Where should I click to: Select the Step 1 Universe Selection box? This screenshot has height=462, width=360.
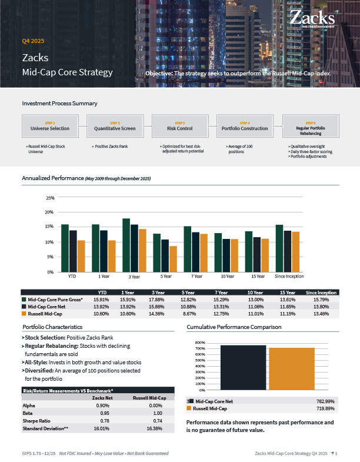tap(50, 126)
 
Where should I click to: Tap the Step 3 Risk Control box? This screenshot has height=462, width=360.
tap(180, 126)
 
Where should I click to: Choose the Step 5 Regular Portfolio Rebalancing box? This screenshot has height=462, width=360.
tap(310, 126)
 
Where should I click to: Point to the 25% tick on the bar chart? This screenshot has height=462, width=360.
tap(49, 197)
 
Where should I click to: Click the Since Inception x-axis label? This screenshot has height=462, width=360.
tap(289, 276)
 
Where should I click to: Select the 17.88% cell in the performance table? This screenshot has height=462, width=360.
tap(158, 300)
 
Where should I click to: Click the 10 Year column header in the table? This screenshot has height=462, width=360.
tap(255, 293)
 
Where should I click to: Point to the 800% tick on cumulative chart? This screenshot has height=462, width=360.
tap(199, 343)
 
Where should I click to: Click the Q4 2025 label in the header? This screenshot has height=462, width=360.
tap(34, 41)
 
